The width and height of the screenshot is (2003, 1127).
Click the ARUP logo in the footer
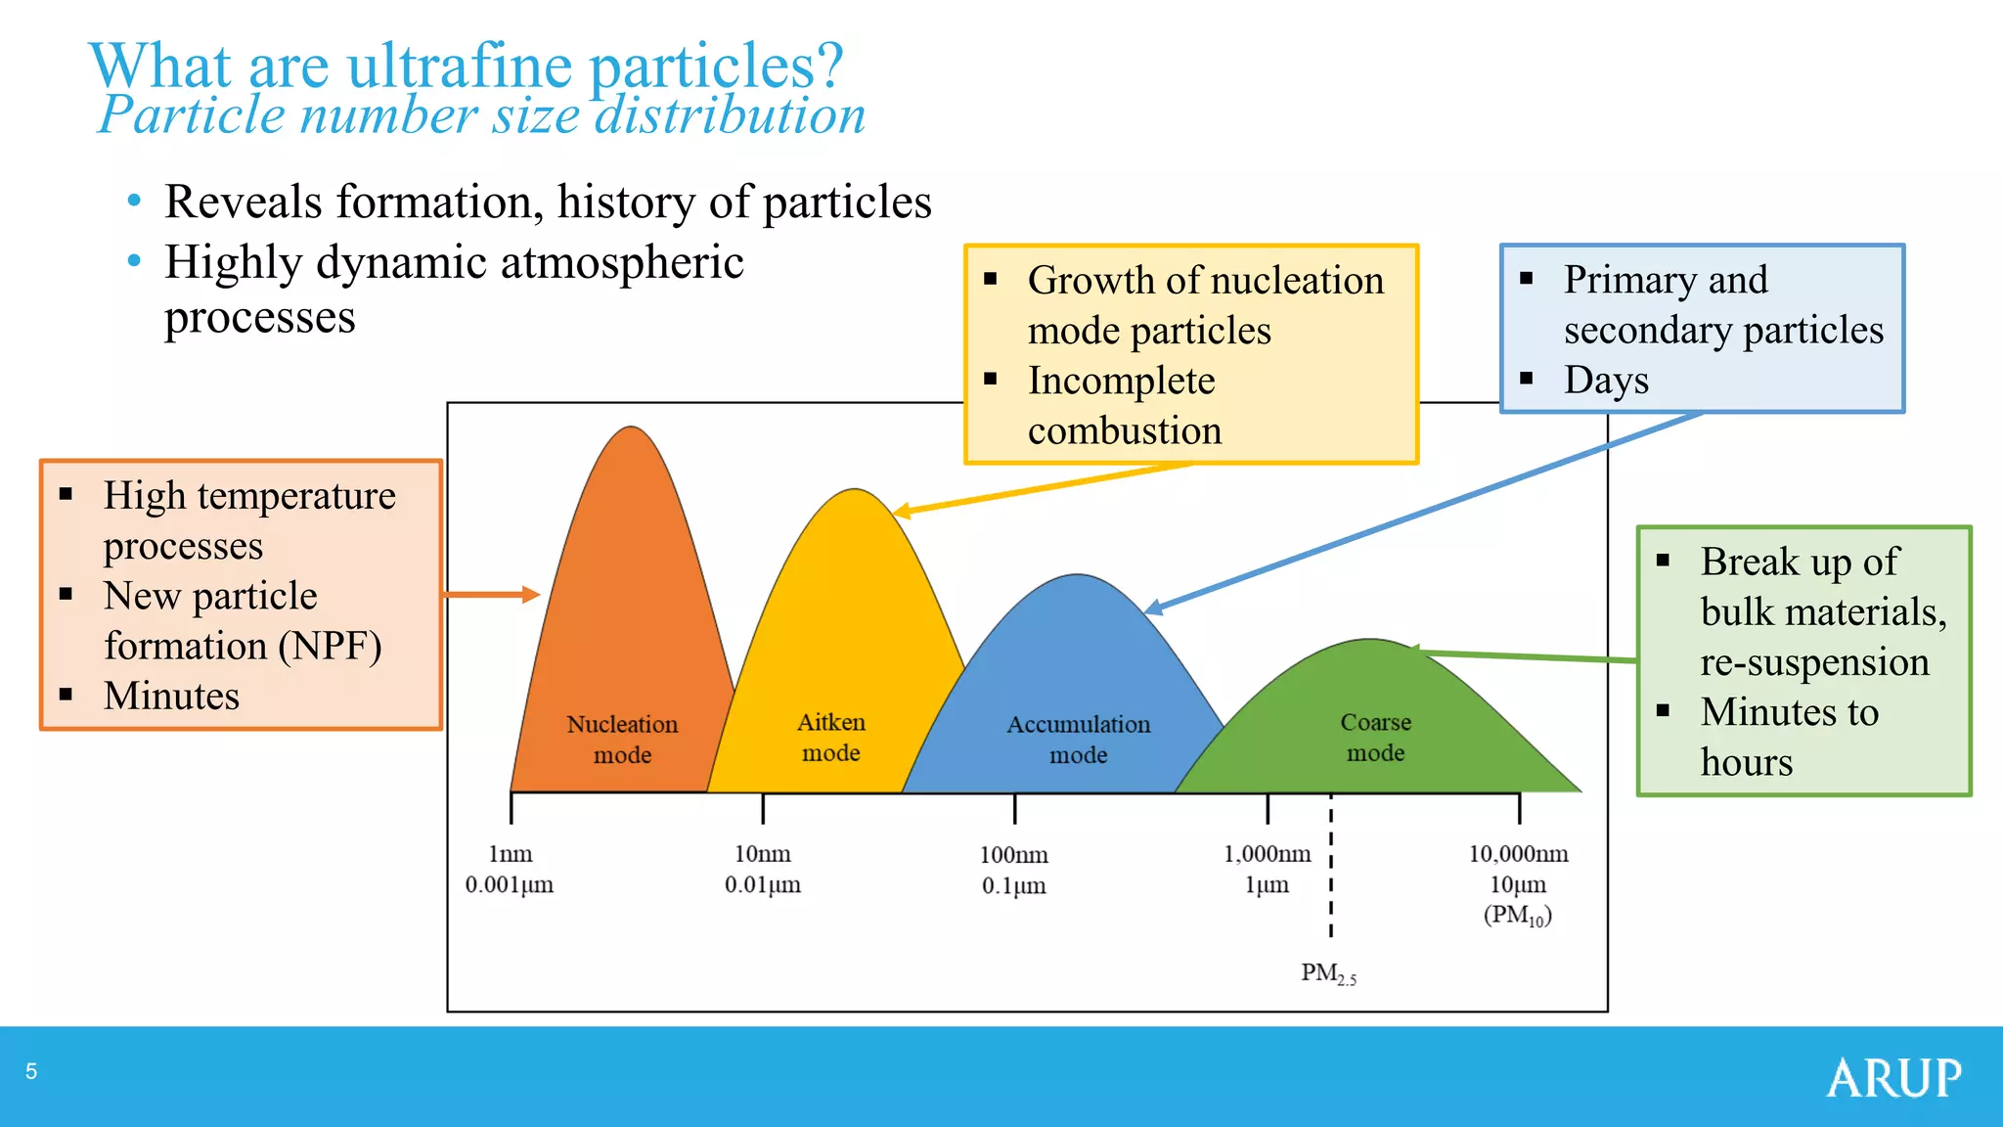(x=1892, y=1078)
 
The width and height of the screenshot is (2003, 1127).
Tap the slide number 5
(x=31, y=1071)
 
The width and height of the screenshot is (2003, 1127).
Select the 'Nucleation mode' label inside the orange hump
(x=622, y=740)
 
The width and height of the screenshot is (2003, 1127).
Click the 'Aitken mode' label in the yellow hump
(x=831, y=738)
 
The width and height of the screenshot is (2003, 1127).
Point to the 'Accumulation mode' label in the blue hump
(x=1079, y=740)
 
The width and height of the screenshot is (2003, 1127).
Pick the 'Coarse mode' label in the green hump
(x=1375, y=738)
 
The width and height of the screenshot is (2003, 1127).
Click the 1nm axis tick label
(x=511, y=854)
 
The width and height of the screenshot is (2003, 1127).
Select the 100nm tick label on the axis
(x=1014, y=855)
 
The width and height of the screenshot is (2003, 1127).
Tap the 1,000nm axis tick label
(x=1267, y=854)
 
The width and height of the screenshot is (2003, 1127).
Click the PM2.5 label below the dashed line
(x=1328, y=973)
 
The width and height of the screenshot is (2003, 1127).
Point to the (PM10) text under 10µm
(x=1518, y=916)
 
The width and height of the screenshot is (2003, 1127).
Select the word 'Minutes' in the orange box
(x=172, y=696)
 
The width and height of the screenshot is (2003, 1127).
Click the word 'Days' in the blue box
(x=1606, y=380)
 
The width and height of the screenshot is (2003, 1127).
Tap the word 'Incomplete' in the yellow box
(x=1121, y=381)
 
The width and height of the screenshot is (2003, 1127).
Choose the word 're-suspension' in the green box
(x=1814, y=662)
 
